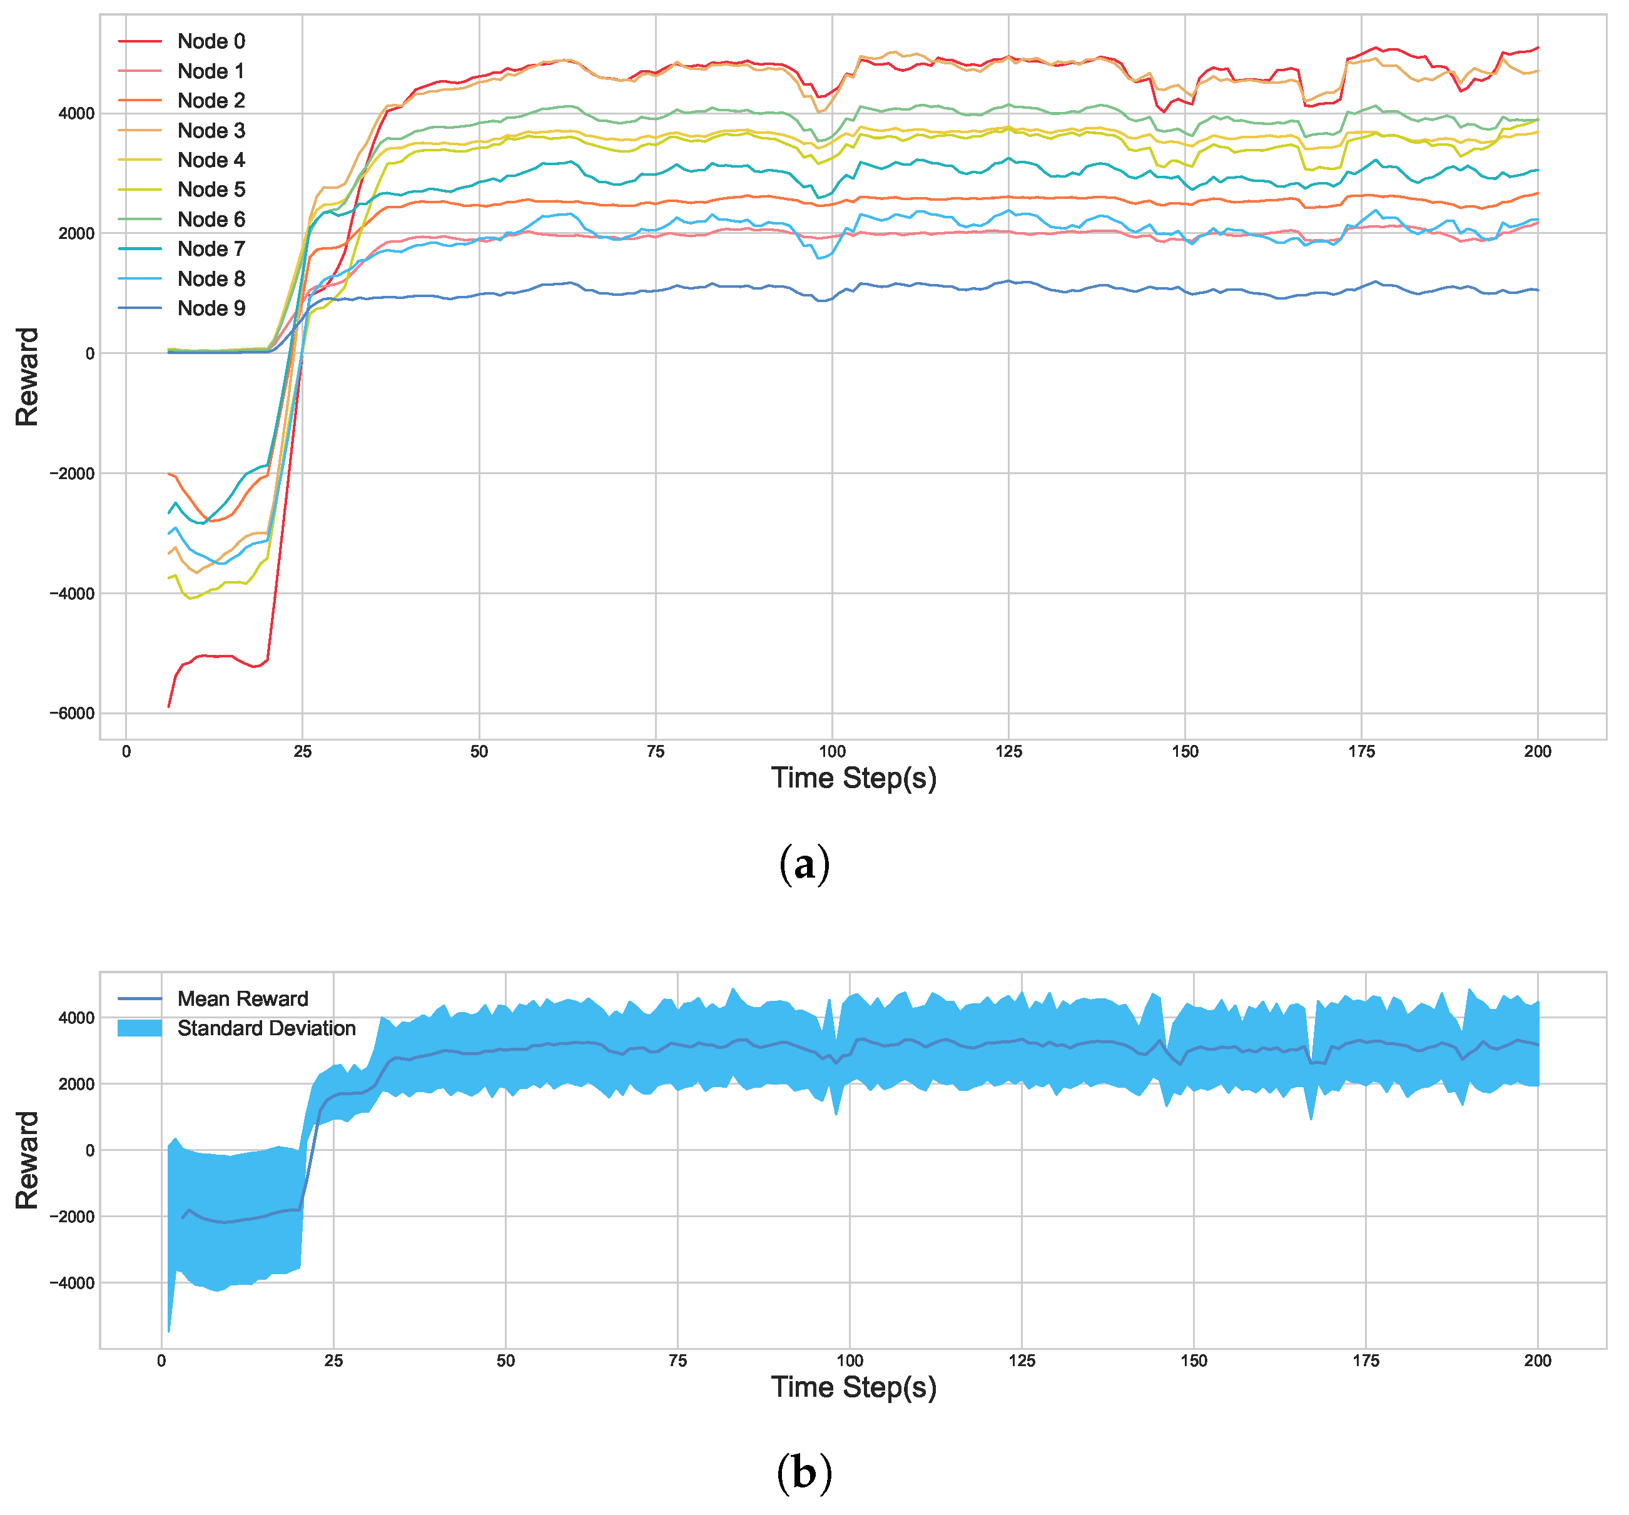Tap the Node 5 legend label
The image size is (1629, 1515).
(211, 190)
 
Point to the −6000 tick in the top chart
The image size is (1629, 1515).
(72, 713)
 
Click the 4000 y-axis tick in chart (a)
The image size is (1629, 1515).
(77, 114)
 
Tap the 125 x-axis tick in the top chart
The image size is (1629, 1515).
(1008, 751)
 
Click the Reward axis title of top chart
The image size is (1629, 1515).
(27, 377)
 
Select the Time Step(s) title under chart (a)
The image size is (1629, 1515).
(853, 778)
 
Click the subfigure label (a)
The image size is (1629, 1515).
(804, 864)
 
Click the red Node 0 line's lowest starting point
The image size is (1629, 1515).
(169, 706)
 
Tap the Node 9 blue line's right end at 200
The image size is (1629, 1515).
(1537, 290)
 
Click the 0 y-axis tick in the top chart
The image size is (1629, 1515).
(89, 353)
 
